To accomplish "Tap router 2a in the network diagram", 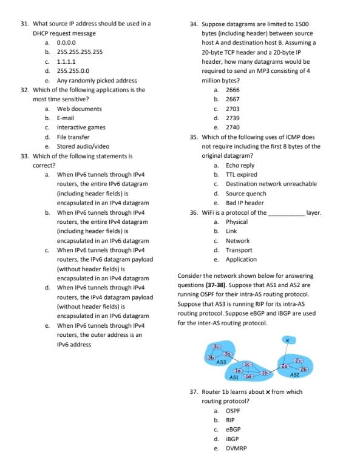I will [284, 367].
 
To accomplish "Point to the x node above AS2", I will [288, 340].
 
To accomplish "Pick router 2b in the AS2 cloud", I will [304, 368].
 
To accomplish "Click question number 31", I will [25, 24].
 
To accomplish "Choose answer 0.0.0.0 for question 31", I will [66, 42].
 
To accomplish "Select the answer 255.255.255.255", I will [79, 52].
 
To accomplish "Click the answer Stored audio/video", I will [83, 146].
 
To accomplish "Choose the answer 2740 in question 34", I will [233, 127].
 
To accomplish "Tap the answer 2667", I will [233, 99].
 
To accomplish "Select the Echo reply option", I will [240, 165].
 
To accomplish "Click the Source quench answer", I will [245, 194].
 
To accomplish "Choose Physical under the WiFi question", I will [236, 222].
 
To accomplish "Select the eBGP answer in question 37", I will [233, 429].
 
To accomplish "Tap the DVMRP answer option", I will [236, 448].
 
